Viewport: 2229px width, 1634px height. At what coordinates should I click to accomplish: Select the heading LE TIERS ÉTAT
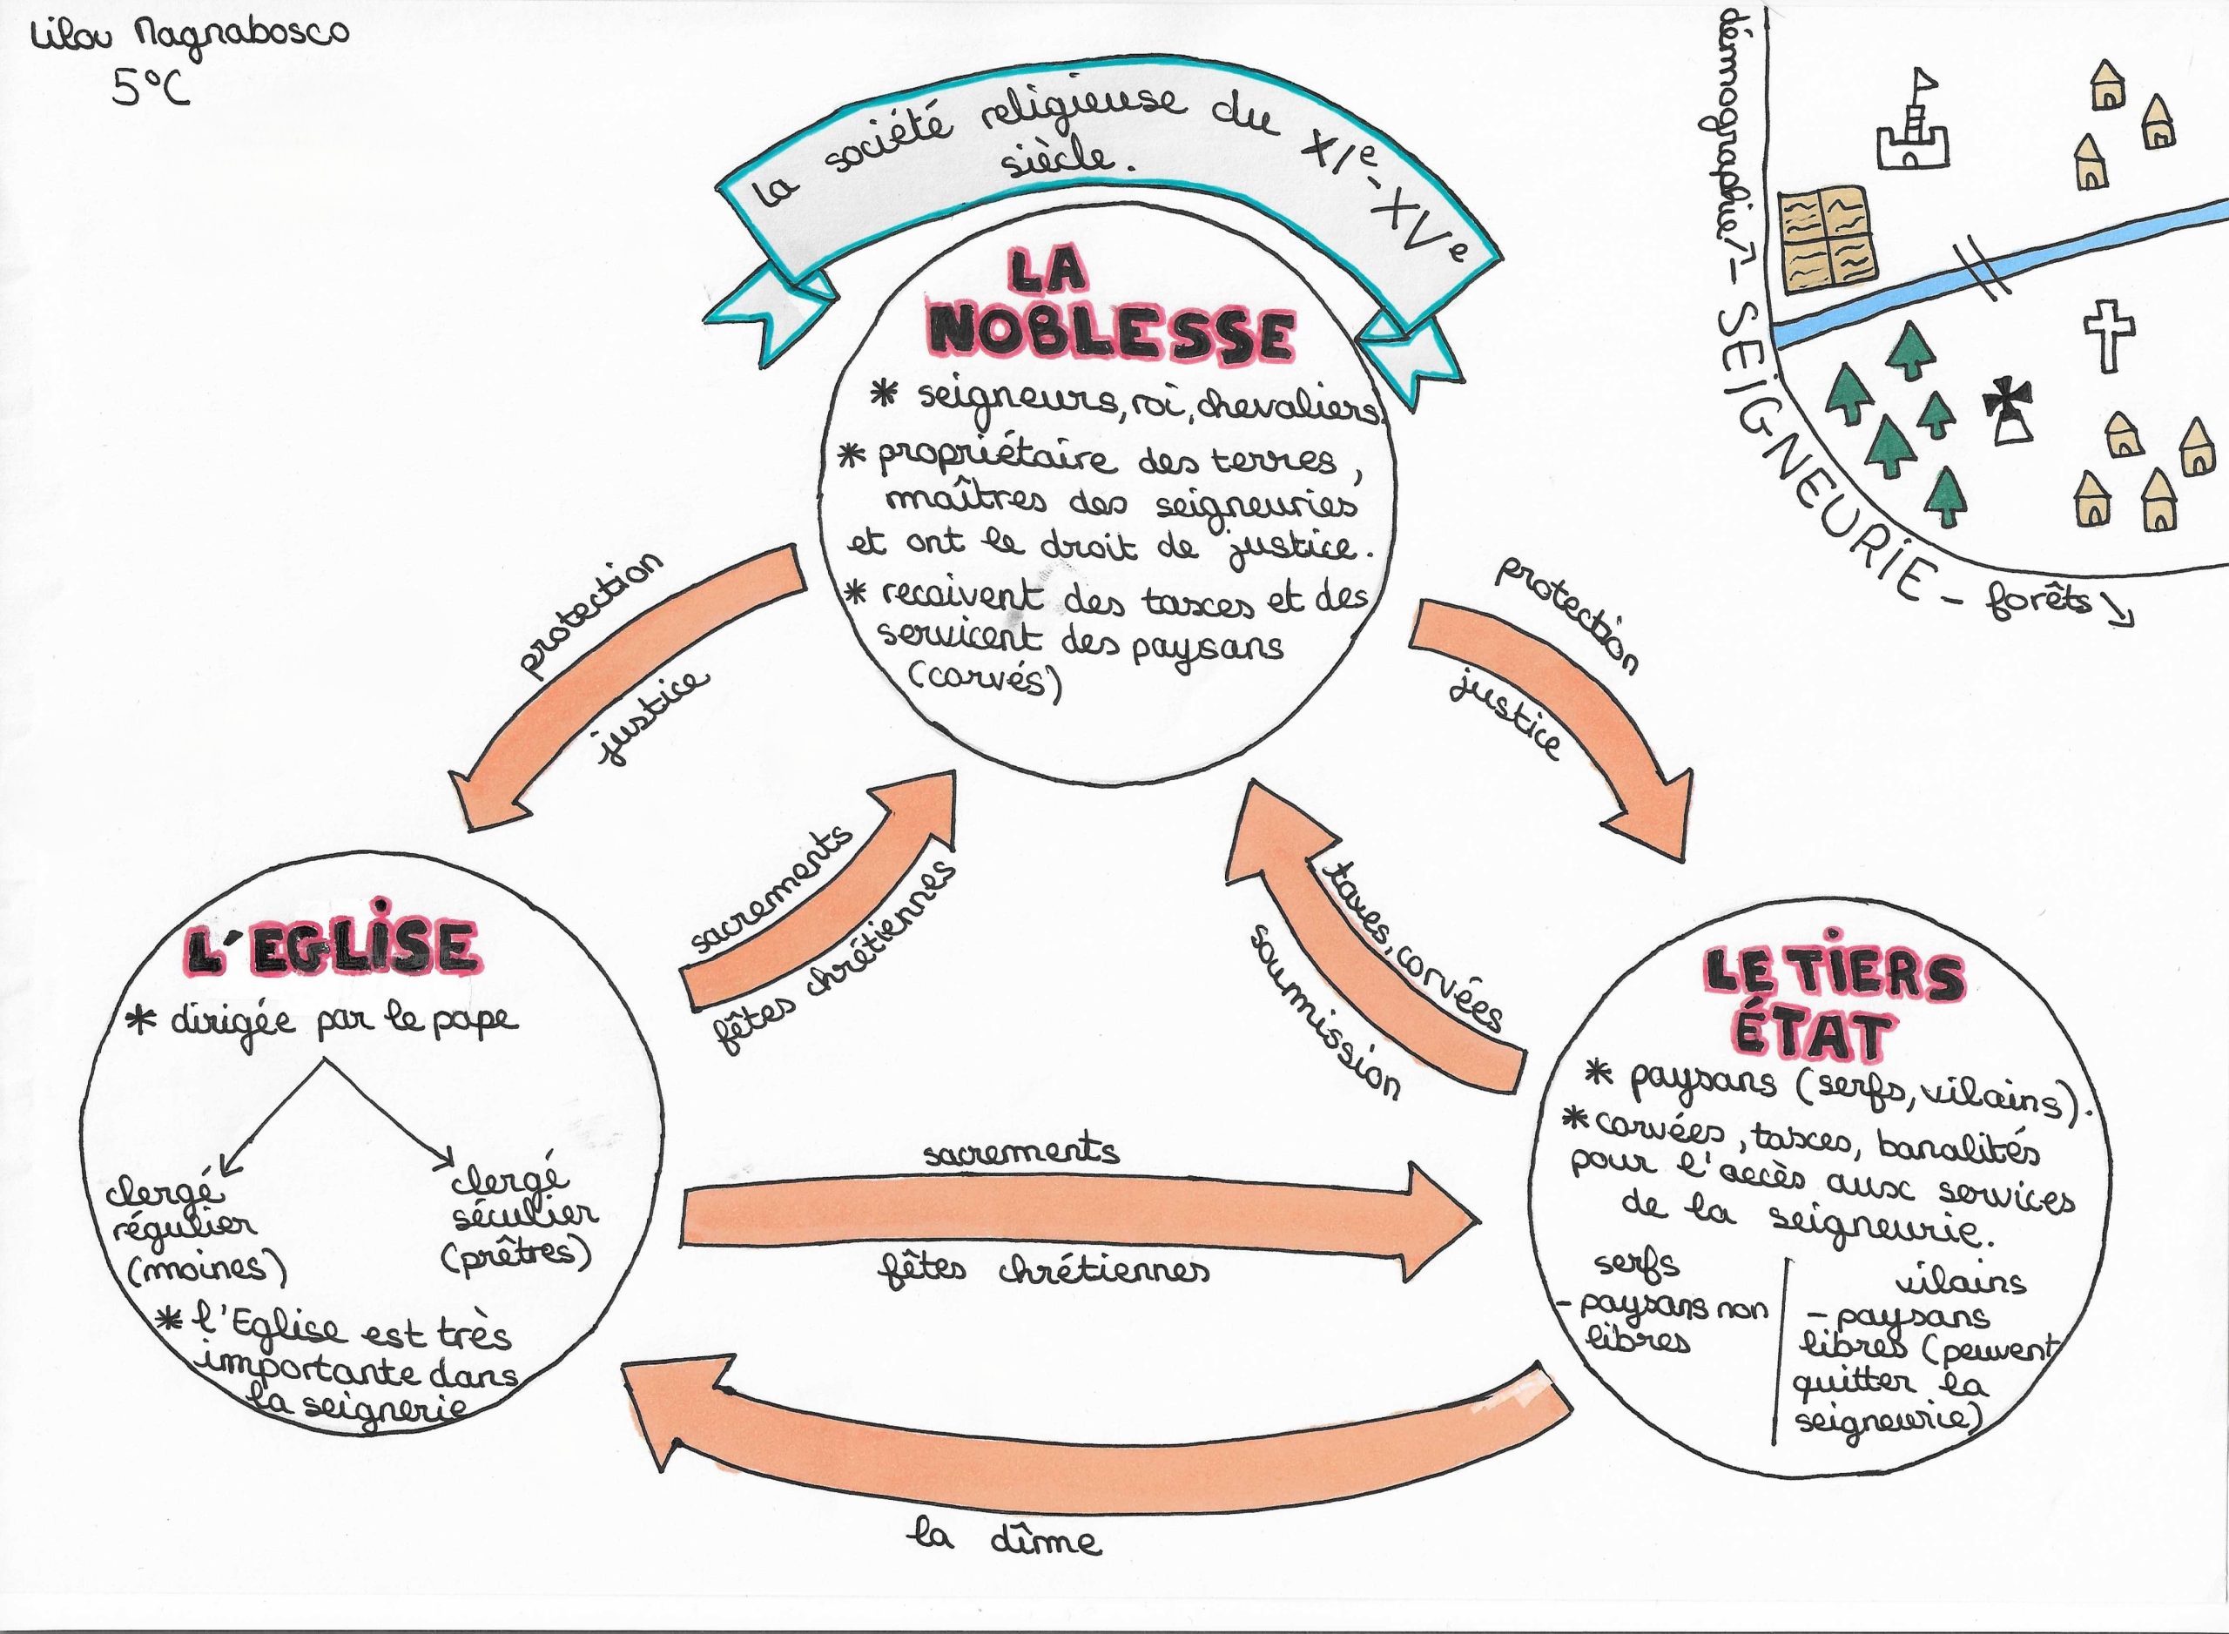point(1830,1004)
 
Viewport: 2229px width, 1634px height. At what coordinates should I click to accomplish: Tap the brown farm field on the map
point(1829,240)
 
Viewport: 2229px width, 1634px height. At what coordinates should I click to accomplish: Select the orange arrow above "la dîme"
point(1088,1434)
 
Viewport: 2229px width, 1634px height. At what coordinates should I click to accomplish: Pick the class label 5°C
point(152,89)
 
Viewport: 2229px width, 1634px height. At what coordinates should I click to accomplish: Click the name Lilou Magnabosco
point(189,36)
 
